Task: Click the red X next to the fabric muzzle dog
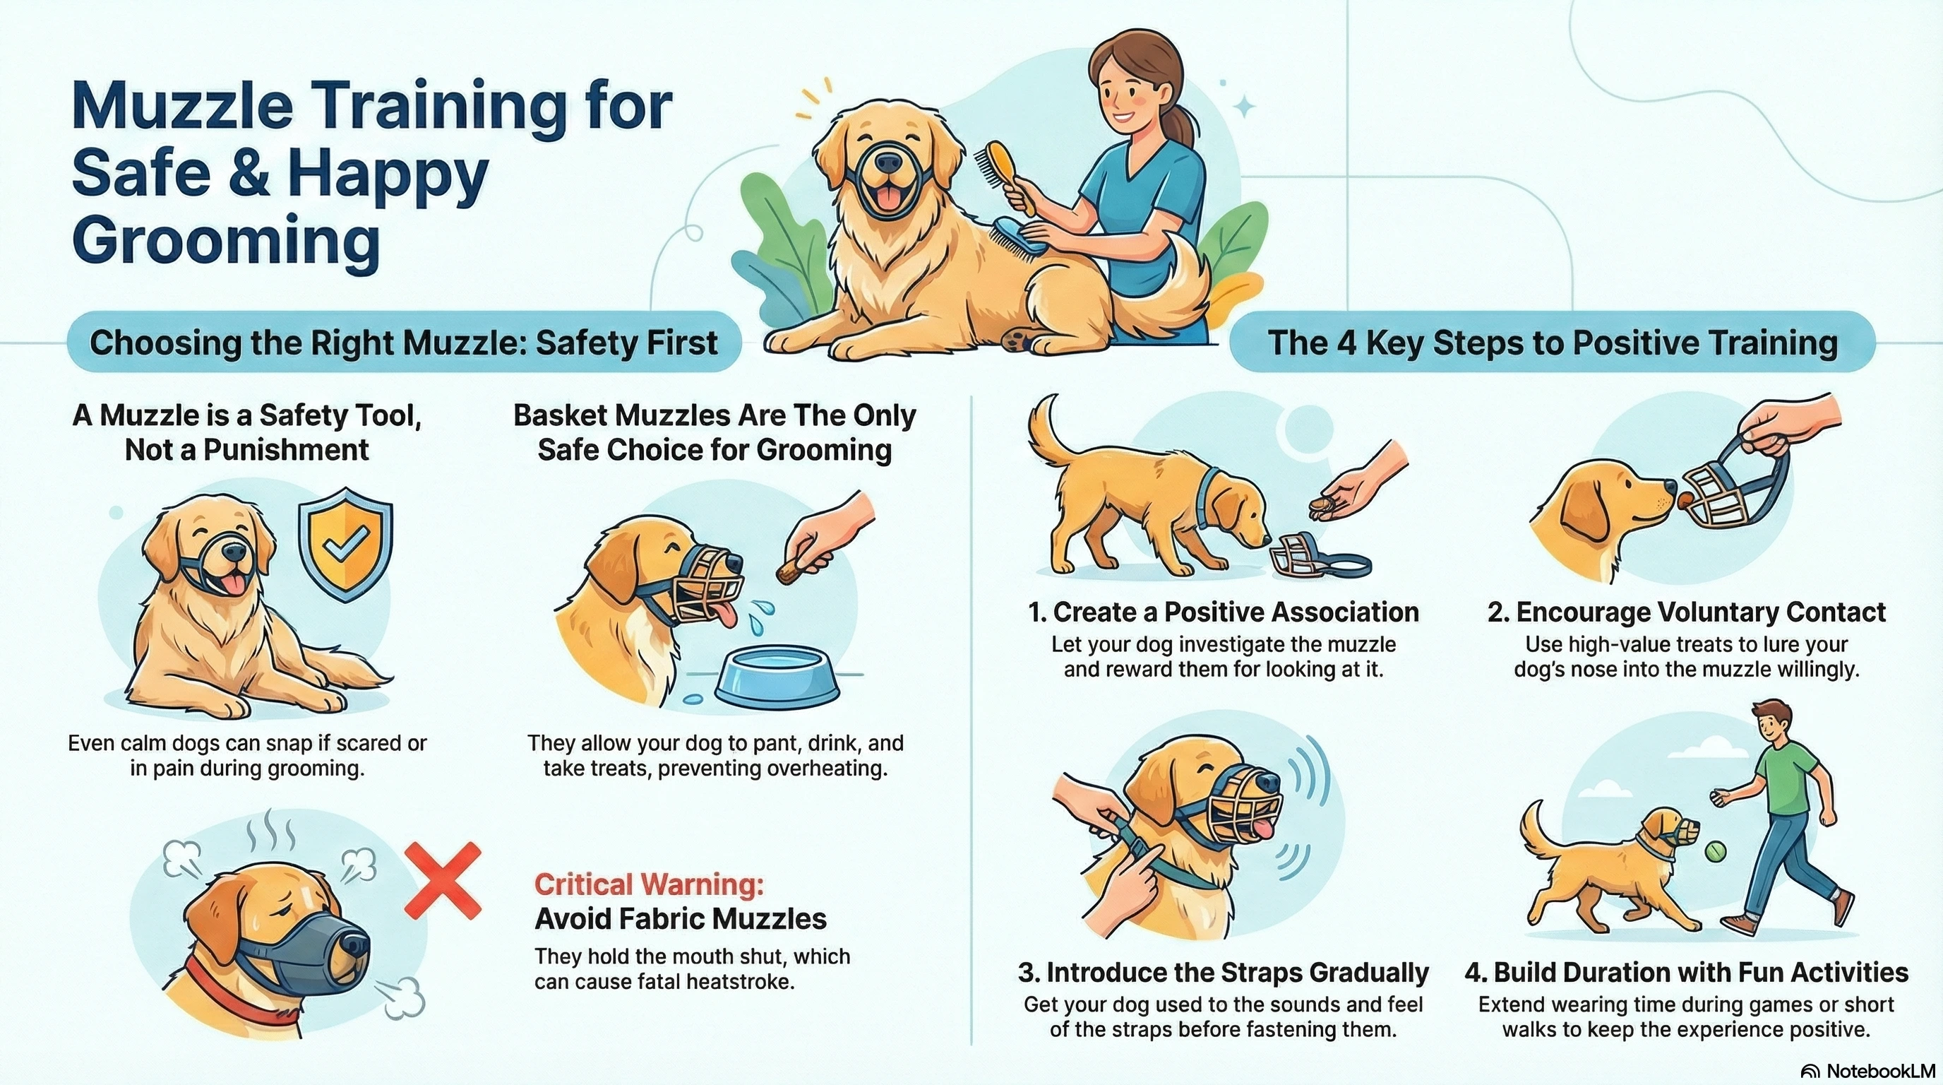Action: coord(443,881)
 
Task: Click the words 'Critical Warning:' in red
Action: coord(649,884)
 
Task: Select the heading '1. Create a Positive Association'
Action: coord(1223,612)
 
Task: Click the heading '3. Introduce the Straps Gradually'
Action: coord(1223,973)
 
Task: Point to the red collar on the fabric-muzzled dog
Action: coord(226,995)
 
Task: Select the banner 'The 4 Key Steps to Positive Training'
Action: coord(1553,343)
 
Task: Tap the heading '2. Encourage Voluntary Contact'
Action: coord(1687,612)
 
